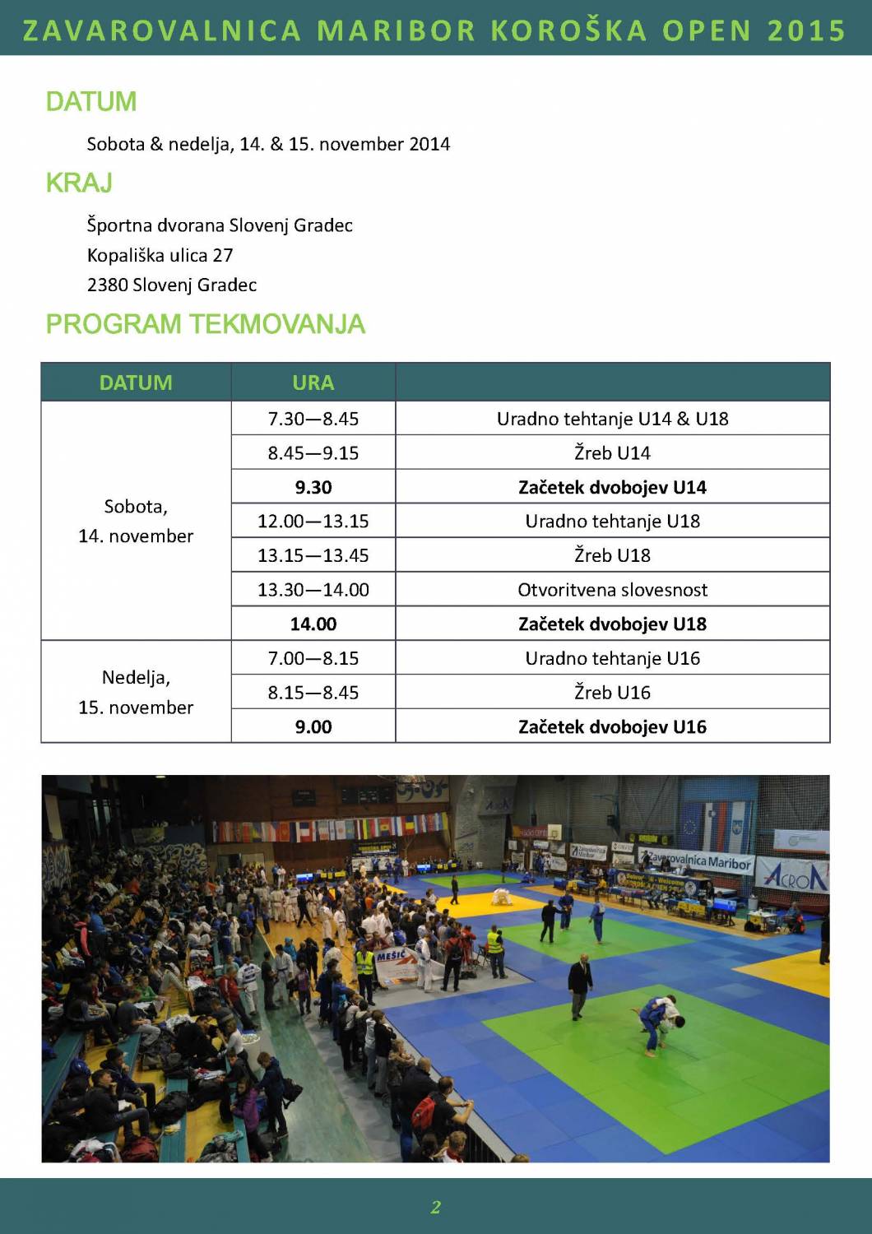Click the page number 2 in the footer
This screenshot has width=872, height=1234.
tap(435, 1207)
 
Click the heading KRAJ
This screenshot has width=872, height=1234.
tap(79, 183)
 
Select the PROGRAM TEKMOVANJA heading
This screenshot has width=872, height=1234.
tap(205, 324)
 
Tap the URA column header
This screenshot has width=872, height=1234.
tap(313, 383)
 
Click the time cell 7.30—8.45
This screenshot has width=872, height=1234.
tap(313, 419)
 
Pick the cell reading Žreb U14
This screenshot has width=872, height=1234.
tap(612, 453)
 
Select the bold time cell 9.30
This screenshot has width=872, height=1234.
tap(313, 487)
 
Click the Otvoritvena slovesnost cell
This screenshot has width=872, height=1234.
tap(612, 590)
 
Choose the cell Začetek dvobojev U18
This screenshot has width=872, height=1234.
tap(612, 624)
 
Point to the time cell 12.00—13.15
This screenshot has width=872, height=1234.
tap(313, 522)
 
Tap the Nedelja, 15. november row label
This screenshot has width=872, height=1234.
tap(136, 692)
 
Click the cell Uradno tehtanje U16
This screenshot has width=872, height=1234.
tap(612, 658)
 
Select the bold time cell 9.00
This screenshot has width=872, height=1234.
tap(313, 727)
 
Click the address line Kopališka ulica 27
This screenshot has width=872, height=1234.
tap(160, 255)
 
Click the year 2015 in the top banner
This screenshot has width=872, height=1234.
tap(806, 30)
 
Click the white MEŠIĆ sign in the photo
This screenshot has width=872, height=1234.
tap(396, 965)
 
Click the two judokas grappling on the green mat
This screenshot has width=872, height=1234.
tap(661, 1020)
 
